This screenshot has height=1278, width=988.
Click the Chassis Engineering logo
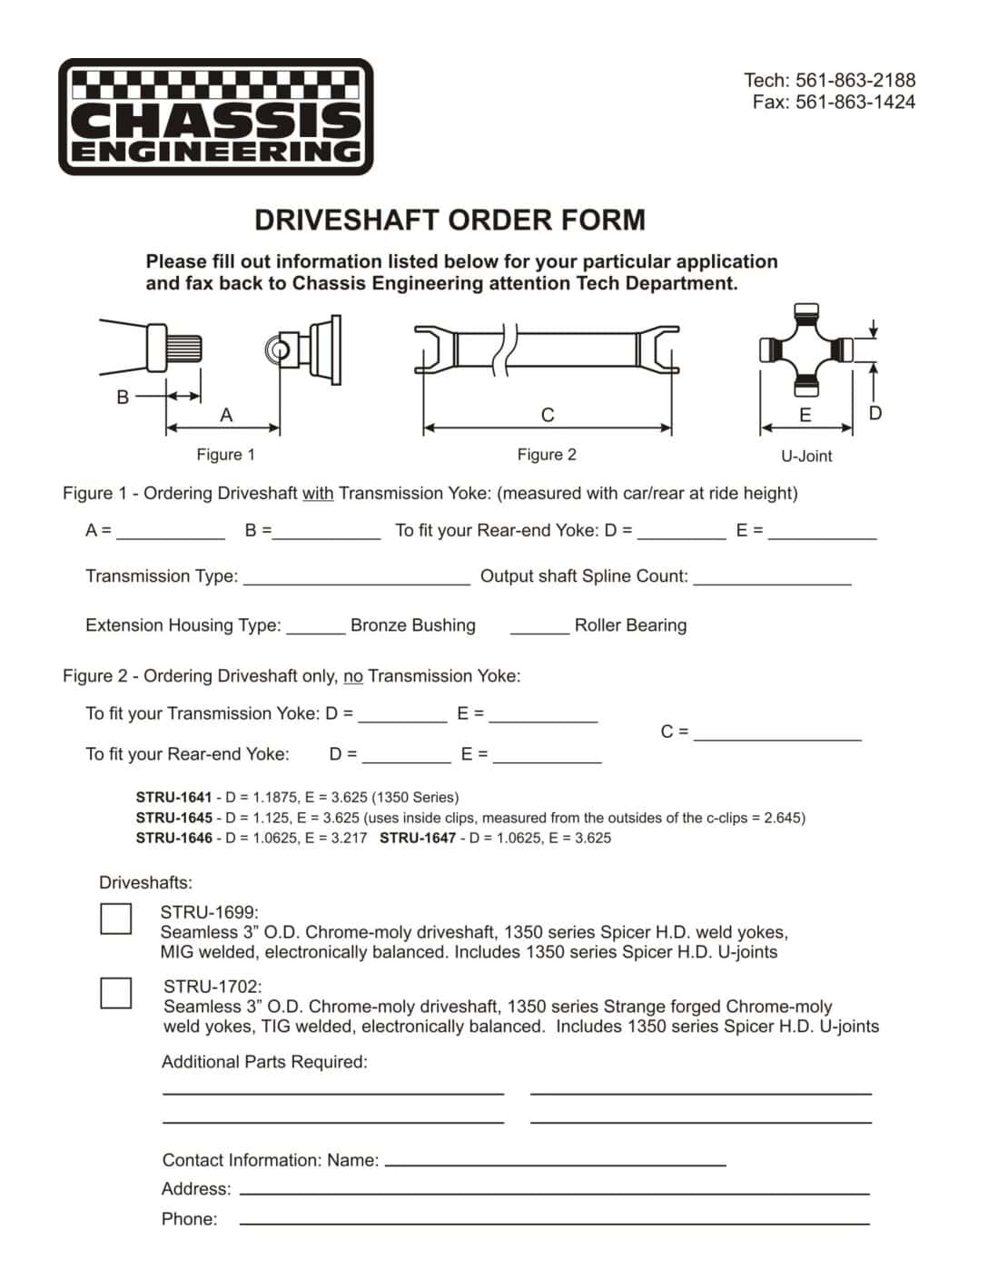pyautogui.click(x=216, y=117)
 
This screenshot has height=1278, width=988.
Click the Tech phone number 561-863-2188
pyautogui.click(x=855, y=80)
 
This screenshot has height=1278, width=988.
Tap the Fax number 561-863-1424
pyautogui.click(x=855, y=103)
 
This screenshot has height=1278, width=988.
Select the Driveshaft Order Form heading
pyautogui.click(x=450, y=221)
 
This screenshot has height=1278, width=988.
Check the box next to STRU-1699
pyautogui.click(x=115, y=918)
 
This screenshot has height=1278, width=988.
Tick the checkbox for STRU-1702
pyautogui.click(x=115, y=992)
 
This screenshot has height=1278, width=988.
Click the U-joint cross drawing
pyautogui.click(x=805, y=349)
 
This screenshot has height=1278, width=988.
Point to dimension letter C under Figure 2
pyautogui.click(x=547, y=415)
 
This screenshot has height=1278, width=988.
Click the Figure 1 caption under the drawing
pyautogui.click(x=225, y=455)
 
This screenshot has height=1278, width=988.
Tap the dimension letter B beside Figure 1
pyautogui.click(x=123, y=397)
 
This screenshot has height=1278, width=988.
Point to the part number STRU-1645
pyautogui.click(x=173, y=818)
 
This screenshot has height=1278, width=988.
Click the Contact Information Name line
pyautogui.click(x=555, y=1162)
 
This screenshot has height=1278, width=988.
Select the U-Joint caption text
pyautogui.click(x=806, y=456)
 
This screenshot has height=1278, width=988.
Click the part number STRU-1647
pyautogui.click(x=418, y=838)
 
